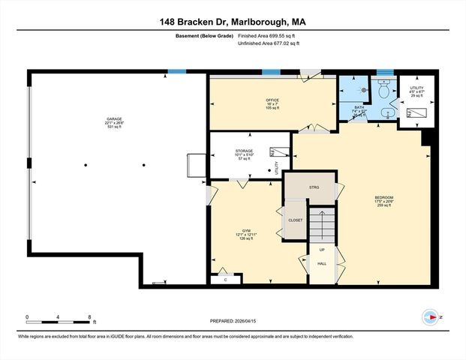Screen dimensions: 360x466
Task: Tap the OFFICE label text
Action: pos(272,100)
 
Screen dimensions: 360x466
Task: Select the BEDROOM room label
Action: pos(384,198)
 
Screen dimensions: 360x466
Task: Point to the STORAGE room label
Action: pos(245,151)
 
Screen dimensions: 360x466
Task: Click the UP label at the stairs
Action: pos(323,249)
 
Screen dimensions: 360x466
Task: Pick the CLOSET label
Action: pos(295,220)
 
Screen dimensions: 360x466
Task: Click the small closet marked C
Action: pos(226,279)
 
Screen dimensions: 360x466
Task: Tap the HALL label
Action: pos(322,263)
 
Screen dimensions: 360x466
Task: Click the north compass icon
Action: pos(429,317)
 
